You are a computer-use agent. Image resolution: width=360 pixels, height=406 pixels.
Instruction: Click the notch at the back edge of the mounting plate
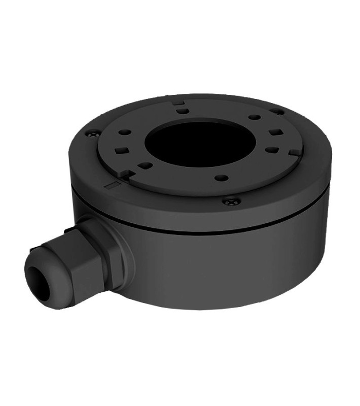tap(178, 102)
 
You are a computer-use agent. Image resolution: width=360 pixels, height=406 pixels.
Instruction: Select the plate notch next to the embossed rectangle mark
tap(127, 174)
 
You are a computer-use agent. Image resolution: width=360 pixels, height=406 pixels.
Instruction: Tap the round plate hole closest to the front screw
tap(221, 178)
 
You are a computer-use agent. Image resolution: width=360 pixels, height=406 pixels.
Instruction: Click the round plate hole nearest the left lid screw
tap(125, 132)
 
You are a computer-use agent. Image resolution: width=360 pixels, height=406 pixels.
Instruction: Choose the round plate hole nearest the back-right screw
tap(255, 117)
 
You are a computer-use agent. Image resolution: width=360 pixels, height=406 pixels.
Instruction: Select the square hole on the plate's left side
tap(121, 150)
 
